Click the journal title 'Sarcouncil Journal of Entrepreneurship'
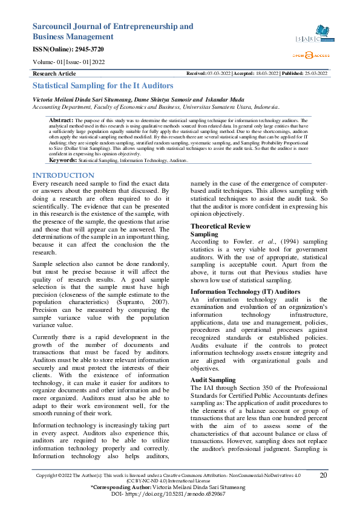113,27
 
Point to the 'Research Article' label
54,73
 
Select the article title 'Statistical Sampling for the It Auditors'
102,86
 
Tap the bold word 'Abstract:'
61,120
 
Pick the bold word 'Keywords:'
62,161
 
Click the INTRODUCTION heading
63,175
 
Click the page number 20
323,475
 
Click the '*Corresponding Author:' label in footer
116,487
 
